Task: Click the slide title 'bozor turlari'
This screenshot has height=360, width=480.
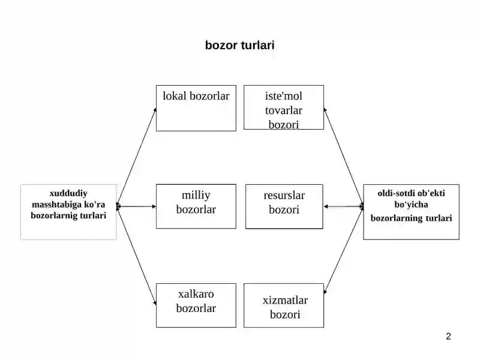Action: tap(239, 46)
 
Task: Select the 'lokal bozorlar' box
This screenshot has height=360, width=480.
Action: tap(196, 109)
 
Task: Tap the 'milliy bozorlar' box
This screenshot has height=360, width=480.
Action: tap(196, 206)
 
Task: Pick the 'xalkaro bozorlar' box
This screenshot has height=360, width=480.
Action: tap(196, 305)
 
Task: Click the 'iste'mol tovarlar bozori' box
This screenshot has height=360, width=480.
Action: tap(284, 107)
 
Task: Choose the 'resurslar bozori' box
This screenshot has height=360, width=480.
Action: tap(284, 206)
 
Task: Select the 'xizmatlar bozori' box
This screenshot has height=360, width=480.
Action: tap(284, 305)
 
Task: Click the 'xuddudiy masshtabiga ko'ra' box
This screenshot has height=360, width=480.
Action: tap(68, 212)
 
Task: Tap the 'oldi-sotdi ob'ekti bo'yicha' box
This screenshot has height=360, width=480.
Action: tap(411, 212)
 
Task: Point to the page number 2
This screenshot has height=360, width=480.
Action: tap(448, 337)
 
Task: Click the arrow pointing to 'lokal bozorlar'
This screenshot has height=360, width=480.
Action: tap(137, 157)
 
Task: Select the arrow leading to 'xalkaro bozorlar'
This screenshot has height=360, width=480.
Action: tap(137, 256)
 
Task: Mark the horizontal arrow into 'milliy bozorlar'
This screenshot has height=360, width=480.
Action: tap(137, 206)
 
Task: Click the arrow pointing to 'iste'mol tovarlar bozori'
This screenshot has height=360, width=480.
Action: tap(343, 157)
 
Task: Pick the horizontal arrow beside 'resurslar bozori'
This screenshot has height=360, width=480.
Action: tap(343, 206)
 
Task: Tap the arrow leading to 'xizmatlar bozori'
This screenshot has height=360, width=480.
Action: tap(343, 250)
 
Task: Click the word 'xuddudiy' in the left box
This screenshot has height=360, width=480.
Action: tap(68, 193)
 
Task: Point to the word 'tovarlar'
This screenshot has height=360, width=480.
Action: tap(284, 110)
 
